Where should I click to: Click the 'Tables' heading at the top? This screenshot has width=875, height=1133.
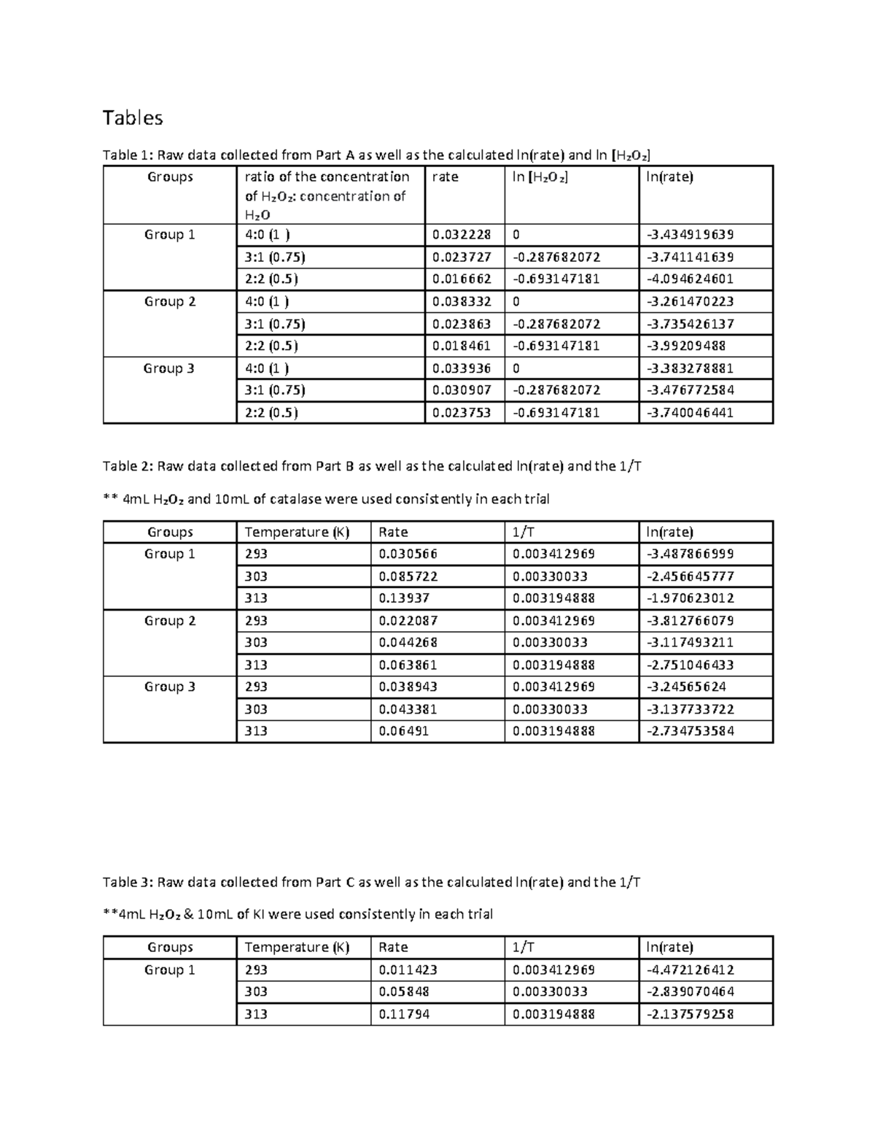pyautogui.click(x=132, y=117)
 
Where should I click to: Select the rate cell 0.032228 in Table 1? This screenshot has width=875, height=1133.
pyautogui.click(x=461, y=234)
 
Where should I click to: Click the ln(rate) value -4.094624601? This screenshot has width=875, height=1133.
pyautogui.click(x=690, y=279)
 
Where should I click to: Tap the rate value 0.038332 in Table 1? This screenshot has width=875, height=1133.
pyautogui.click(x=461, y=301)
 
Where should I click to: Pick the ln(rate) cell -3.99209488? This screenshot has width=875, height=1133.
pyautogui.click(x=686, y=346)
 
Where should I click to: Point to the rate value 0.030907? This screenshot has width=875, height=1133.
pyautogui.click(x=461, y=390)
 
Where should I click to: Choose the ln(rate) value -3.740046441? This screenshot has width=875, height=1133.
pyautogui.click(x=690, y=412)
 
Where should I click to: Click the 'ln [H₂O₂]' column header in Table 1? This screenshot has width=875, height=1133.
pyautogui.click(x=540, y=177)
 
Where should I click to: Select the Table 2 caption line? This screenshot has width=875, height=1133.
pyautogui.click(x=372, y=466)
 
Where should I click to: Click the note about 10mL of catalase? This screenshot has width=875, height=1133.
pyautogui.click(x=326, y=499)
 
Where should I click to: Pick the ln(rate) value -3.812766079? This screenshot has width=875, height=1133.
pyautogui.click(x=690, y=621)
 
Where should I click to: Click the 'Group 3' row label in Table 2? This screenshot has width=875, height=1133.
pyautogui.click(x=169, y=687)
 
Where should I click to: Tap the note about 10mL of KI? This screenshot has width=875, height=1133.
pyautogui.click(x=297, y=914)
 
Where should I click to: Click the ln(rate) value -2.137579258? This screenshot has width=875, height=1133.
pyautogui.click(x=690, y=1014)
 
